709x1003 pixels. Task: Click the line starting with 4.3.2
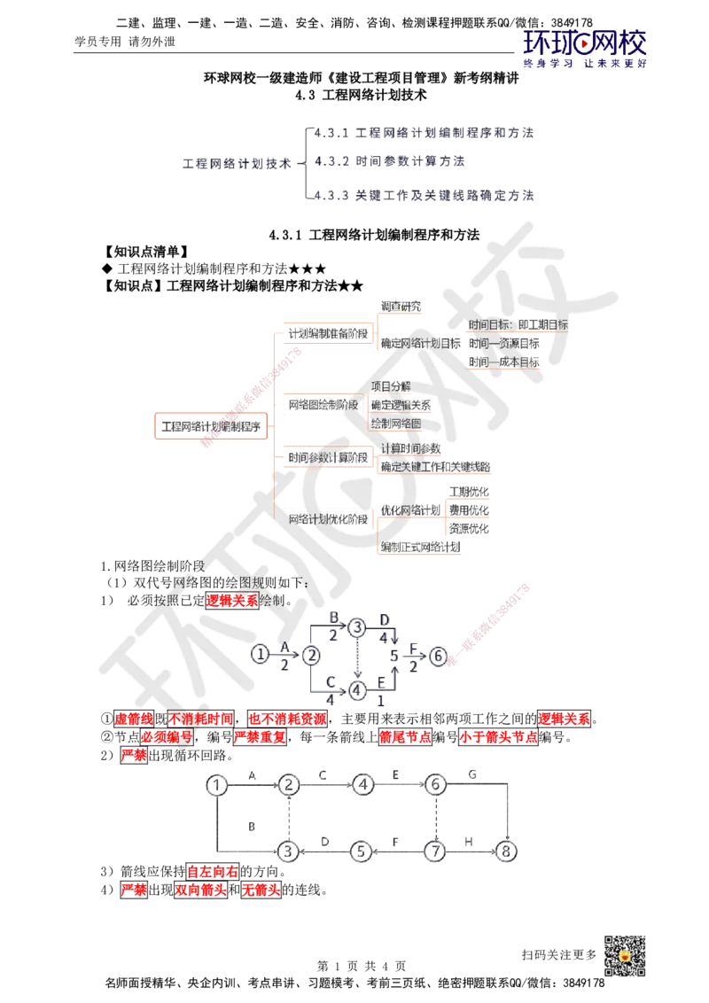click(390, 163)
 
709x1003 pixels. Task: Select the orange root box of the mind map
click(211, 426)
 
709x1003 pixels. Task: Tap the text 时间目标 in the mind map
click(490, 325)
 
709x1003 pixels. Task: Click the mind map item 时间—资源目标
click(503, 343)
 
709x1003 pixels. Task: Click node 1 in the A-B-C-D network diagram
click(259, 654)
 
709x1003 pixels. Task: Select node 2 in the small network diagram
click(312, 655)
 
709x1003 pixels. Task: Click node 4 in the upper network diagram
click(357, 688)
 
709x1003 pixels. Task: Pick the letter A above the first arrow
click(284, 645)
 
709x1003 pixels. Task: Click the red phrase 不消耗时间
click(201, 719)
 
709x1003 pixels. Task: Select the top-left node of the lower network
click(216, 783)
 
